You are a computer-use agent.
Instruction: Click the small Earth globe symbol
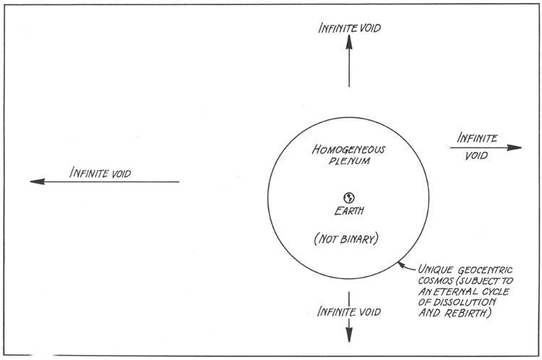click(348, 197)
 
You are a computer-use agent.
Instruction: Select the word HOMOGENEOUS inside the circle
click(349, 150)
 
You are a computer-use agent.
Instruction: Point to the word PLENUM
click(350, 163)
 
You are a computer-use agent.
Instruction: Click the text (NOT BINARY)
click(349, 239)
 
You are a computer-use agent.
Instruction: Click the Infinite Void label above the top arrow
click(350, 28)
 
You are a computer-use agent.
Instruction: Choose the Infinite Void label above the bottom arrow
click(349, 312)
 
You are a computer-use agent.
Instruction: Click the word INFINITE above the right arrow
click(478, 137)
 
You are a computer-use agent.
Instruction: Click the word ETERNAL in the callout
click(456, 292)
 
